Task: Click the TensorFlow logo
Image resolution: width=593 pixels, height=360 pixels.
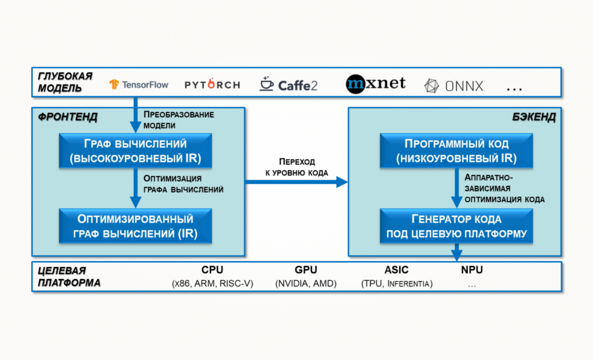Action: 139,85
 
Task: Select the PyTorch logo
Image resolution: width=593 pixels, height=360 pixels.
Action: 212,85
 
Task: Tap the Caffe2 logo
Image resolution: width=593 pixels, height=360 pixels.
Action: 288,85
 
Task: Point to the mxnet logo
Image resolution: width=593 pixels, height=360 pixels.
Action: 375,85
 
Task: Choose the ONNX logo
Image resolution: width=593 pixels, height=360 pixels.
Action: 454,86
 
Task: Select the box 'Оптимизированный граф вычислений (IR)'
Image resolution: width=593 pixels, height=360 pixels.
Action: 136,226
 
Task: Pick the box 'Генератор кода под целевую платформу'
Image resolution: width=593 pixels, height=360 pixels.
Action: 456,226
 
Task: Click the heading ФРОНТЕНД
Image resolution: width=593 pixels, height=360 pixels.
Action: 68,117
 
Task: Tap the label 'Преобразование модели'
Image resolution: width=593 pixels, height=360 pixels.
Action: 178,120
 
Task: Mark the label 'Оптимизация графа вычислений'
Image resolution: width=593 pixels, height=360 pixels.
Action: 183,183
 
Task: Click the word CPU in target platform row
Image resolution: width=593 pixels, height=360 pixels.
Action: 212,270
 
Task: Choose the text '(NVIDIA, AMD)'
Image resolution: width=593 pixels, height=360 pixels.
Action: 306,284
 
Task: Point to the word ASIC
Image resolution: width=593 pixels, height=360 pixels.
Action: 396,270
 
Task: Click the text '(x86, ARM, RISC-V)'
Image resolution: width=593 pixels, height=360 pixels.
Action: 213,284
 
